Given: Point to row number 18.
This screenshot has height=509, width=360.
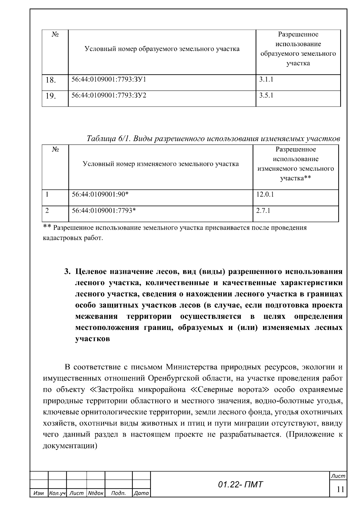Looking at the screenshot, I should [51, 80].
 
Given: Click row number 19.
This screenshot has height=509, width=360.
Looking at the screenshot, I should [51, 96].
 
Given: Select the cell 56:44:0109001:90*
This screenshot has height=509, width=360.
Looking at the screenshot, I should [100, 194].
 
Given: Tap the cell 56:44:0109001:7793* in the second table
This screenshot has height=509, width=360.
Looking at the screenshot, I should [104, 211].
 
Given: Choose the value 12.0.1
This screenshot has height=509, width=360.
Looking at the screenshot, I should [265, 194].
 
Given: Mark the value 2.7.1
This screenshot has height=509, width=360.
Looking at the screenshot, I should [263, 211].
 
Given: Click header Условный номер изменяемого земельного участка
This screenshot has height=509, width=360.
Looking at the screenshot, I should [161, 164].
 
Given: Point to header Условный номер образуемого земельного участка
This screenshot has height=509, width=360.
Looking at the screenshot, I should [162, 49].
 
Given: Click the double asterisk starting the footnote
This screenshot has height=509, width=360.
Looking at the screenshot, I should [47, 227].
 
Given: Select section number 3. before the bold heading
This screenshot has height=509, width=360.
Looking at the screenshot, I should [67, 272].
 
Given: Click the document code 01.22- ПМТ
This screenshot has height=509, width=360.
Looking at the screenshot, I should [240, 484].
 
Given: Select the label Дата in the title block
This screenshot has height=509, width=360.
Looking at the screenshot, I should [141, 493].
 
